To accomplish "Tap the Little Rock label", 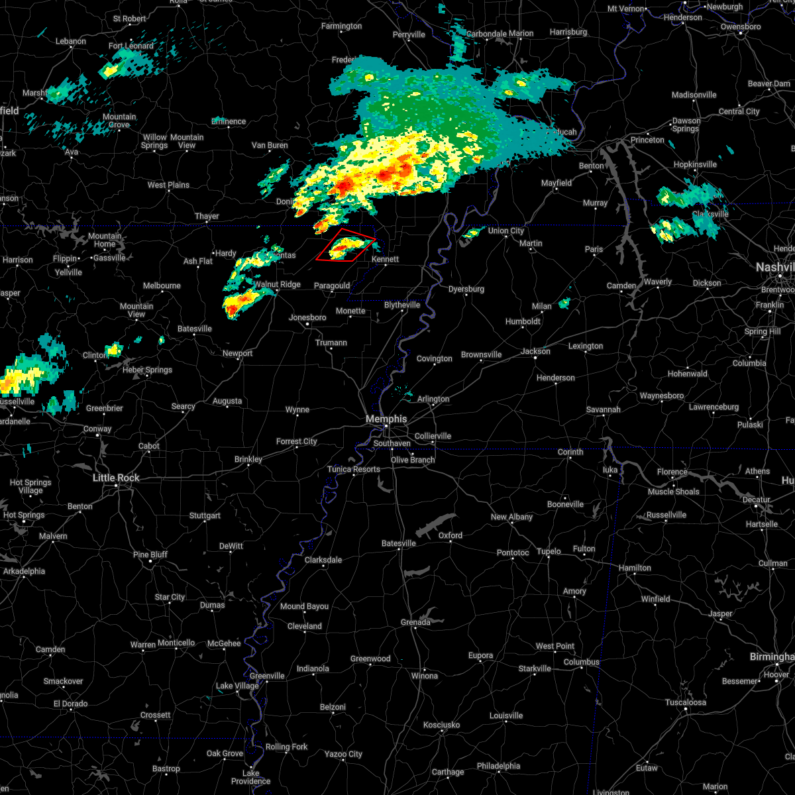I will click(x=116, y=478).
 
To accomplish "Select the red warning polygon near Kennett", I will click(x=346, y=246).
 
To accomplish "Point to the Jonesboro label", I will click(x=307, y=317).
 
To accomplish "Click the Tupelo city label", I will click(x=549, y=551).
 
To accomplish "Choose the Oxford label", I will click(x=450, y=535).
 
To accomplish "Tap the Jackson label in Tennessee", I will click(x=535, y=351).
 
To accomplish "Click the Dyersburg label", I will click(x=466, y=289).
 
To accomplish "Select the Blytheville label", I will click(x=402, y=305).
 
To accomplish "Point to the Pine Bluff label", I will click(x=150, y=555).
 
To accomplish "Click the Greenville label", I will click(x=267, y=676).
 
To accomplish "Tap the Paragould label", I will click(x=332, y=286).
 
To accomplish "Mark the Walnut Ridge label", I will click(x=278, y=284).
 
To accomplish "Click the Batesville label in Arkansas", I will click(x=195, y=329).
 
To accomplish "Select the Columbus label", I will click(x=582, y=662).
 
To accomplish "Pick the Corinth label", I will click(x=570, y=452).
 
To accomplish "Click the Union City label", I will click(x=506, y=231).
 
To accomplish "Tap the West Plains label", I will click(x=168, y=185).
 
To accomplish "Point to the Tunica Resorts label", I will click(x=354, y=469).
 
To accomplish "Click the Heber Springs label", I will click(x=147, y=370).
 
